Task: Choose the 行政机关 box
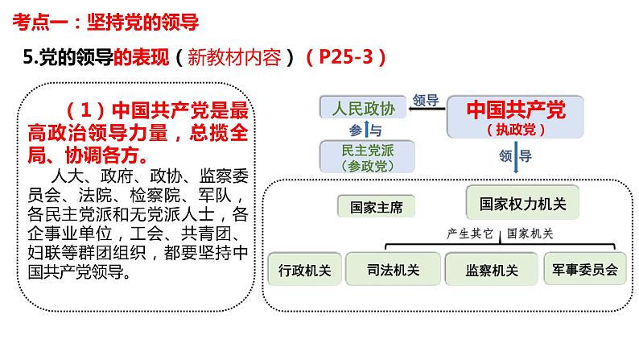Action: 303,270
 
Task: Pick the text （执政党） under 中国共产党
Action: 505,128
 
